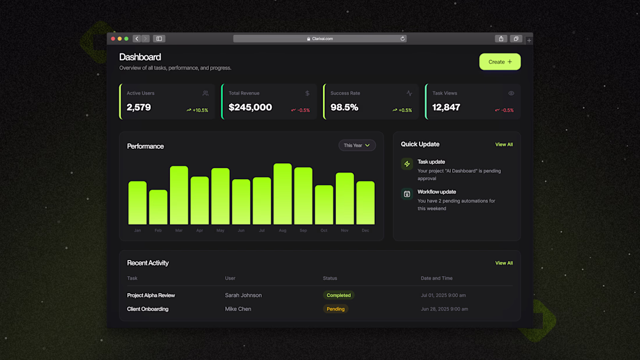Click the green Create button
click(500, 62)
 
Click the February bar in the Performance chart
click(158, 207)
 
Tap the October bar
click(324, 205)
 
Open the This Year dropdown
click(357, 145)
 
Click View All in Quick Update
click(504, 144)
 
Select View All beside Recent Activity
click(504, 263)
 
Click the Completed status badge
click(339, 295)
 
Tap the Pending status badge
click(336, 309)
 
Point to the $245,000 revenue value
click(250, 108)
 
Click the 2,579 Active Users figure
click(138, 108)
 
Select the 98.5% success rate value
click(344, 108)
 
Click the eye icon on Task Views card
click(511, 93)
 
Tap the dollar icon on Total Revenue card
click(307, 93)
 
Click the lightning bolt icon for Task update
click(407, 164)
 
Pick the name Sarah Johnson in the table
click(243, 295)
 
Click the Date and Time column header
click(436, 278)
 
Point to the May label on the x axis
click(220, 230)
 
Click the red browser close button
click(113, 39)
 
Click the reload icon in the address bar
click(403, 39)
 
